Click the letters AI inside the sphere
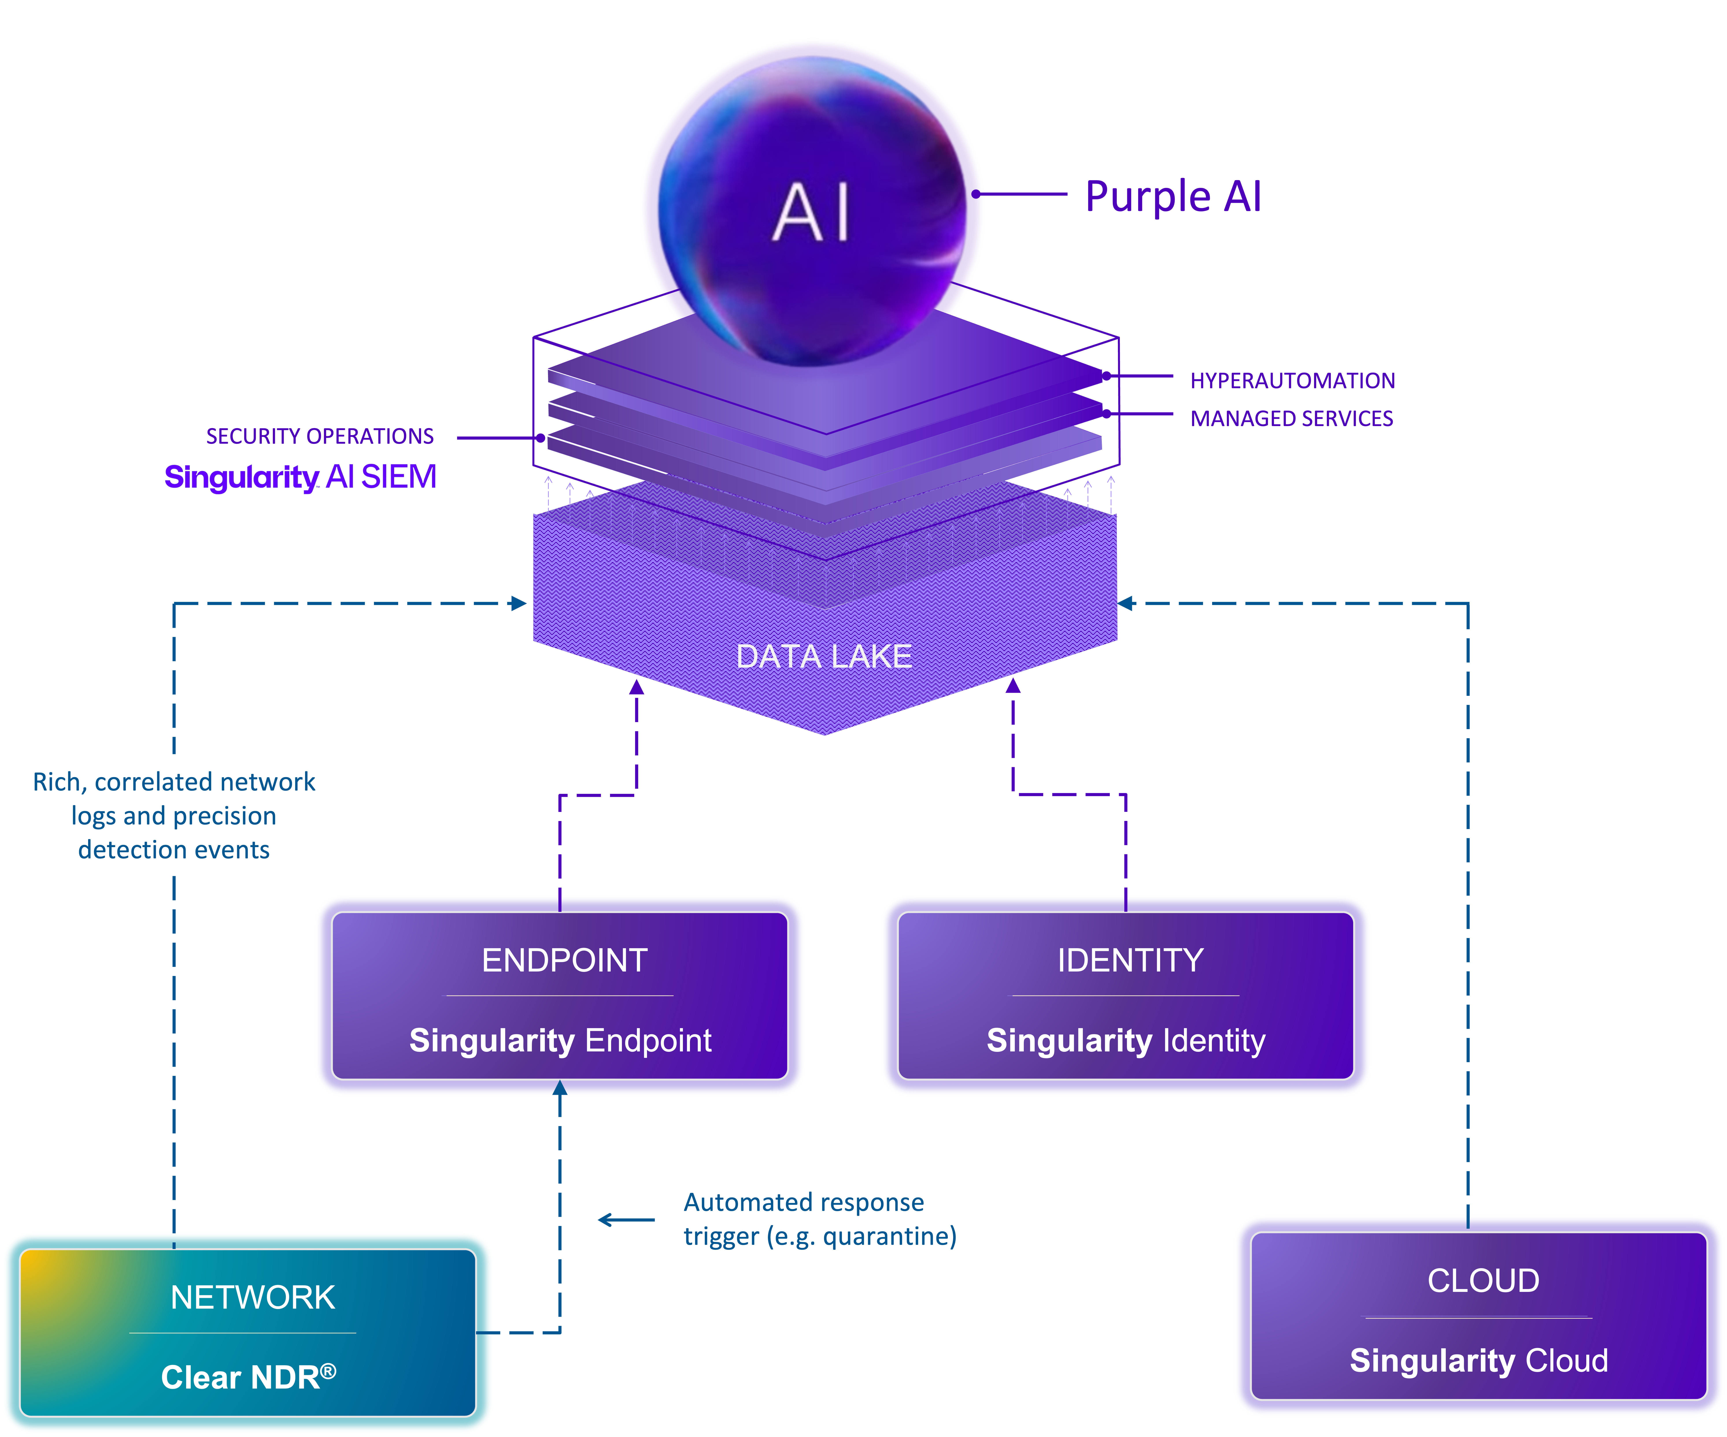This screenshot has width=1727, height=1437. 812,214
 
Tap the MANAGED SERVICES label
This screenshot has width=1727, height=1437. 1291,418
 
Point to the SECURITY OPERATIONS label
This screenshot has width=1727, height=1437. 320,436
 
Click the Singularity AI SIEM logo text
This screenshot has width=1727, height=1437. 300,477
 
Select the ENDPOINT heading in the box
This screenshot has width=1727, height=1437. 564,960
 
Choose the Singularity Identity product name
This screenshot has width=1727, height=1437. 1126,1041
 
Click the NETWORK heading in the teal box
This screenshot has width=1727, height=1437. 252,1297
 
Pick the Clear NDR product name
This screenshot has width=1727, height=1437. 248,1377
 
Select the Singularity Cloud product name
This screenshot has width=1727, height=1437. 1479,1361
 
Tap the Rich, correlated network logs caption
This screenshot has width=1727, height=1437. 174,816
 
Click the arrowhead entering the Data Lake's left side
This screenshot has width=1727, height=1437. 518,603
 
